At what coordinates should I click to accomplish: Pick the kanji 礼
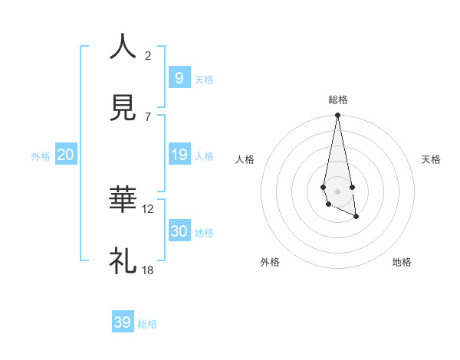click(123, 261)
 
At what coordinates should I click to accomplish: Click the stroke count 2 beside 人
click(148, 55)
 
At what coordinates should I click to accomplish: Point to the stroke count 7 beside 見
click(148, 116)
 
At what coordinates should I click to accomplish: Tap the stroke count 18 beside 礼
click(148, 270)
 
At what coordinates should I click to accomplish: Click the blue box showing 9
click(179, 77)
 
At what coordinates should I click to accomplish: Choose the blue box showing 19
click(179, 155)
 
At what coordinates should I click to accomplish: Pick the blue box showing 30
click(179, 231)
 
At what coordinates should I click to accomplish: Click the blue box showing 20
click(65, 155)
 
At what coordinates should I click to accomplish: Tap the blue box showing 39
click(123, 322)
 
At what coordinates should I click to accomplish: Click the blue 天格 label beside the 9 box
click(204, 80)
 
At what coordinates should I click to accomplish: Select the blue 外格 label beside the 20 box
click(41, 156)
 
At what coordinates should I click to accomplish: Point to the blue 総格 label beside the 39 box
click(147, 324)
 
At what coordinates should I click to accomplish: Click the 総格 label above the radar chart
click(338, 100)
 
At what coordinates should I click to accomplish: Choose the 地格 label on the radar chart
click(402, 262)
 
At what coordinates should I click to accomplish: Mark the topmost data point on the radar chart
click(337, 116)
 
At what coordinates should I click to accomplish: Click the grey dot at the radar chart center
click(337, 191)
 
